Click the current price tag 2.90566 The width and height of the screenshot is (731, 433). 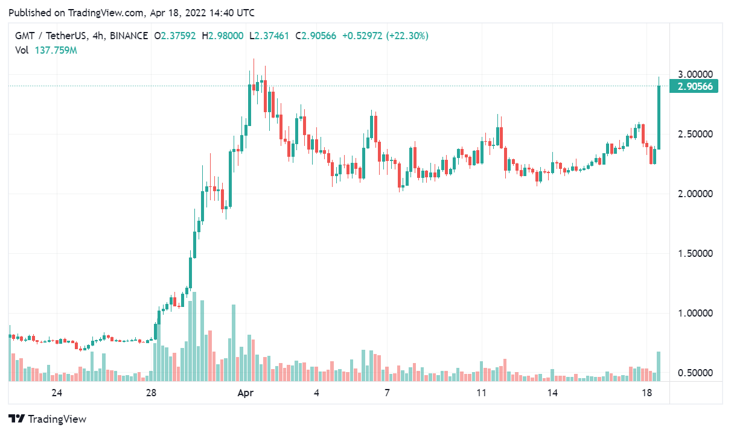[695, 86]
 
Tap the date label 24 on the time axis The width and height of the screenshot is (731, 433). [57, 393]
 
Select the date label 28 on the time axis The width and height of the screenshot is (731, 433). [151, 393]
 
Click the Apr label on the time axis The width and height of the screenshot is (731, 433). [245, 393]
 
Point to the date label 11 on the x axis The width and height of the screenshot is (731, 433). [481, 393]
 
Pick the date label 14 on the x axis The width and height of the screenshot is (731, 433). [552, 393]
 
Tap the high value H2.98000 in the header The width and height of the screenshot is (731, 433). [223, 36]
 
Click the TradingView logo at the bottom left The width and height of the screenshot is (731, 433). [47, 419]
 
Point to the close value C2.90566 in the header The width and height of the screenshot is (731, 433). [316, 36]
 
